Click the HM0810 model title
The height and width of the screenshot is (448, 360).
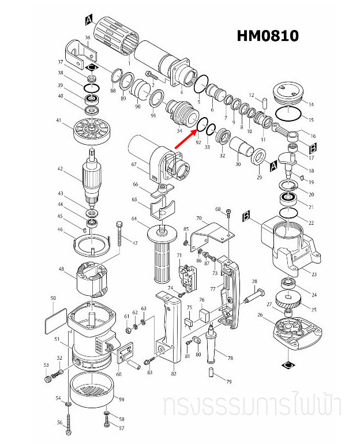268,36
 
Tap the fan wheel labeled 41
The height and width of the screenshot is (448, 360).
92,131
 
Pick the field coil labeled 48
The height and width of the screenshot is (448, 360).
93,279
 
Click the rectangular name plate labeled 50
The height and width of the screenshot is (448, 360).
55,320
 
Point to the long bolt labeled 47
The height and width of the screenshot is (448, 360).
120,238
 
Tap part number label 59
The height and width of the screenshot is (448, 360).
122,399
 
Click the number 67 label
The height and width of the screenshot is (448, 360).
133,165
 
